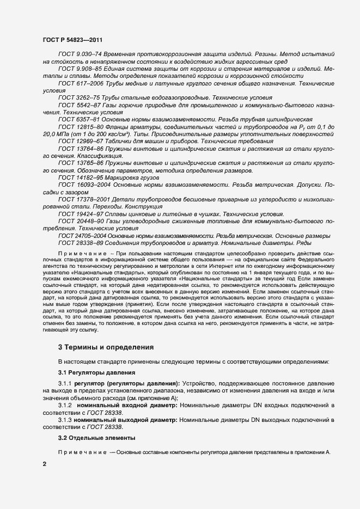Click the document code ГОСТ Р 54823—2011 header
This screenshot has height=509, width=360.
tap(72, 40)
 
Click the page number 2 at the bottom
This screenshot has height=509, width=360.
tap(44, 464)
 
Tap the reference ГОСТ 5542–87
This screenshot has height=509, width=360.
tap(76, 105)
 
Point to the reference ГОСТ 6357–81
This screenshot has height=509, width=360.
tap(76, 119)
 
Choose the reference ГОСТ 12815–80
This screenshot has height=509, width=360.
tap(78, 126)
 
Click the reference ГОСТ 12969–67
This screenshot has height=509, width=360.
tap(78, 140)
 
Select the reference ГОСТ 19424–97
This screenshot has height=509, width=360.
tap(78, 214)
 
